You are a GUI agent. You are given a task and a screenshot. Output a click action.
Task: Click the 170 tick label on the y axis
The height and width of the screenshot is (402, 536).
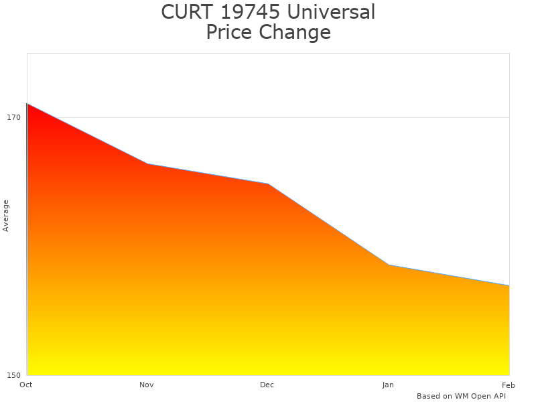click(x=14, y=117)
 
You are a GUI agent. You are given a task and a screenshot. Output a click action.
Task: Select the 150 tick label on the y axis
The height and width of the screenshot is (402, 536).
click(x=14, y=375)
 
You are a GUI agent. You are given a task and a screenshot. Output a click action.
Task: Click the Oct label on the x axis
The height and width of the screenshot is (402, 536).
click(x=26, y=385)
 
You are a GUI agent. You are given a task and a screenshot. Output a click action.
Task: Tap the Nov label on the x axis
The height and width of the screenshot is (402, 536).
click(x=147, y=385)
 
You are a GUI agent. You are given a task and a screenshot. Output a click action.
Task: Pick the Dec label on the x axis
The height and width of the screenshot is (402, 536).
click(x=267, y=385)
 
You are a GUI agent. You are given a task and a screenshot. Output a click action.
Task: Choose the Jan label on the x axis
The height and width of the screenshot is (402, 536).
click(x=388, y=385)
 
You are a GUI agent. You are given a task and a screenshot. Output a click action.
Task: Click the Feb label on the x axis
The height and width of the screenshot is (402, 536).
click(x=509, y=385)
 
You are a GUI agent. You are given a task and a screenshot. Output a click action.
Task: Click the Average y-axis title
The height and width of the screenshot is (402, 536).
click(x=6, y=216)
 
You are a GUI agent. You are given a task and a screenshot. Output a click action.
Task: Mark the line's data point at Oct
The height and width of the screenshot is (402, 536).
click(x=27, y=104)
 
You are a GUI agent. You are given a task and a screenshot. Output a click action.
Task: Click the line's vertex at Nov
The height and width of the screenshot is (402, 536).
click(x=147, y=163)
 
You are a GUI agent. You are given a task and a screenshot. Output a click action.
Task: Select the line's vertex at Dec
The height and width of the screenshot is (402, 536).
click(x=268, y=184)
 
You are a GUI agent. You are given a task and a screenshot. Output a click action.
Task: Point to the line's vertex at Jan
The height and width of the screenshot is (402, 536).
click(x=389, y=265)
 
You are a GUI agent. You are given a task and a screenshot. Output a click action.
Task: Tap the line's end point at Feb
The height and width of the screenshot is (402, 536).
click(x=509, y=285)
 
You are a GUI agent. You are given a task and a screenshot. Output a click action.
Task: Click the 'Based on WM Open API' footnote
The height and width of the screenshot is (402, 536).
click(x=461, y=396)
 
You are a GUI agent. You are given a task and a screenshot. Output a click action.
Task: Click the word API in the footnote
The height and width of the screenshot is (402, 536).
click(x=498, y=396)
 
